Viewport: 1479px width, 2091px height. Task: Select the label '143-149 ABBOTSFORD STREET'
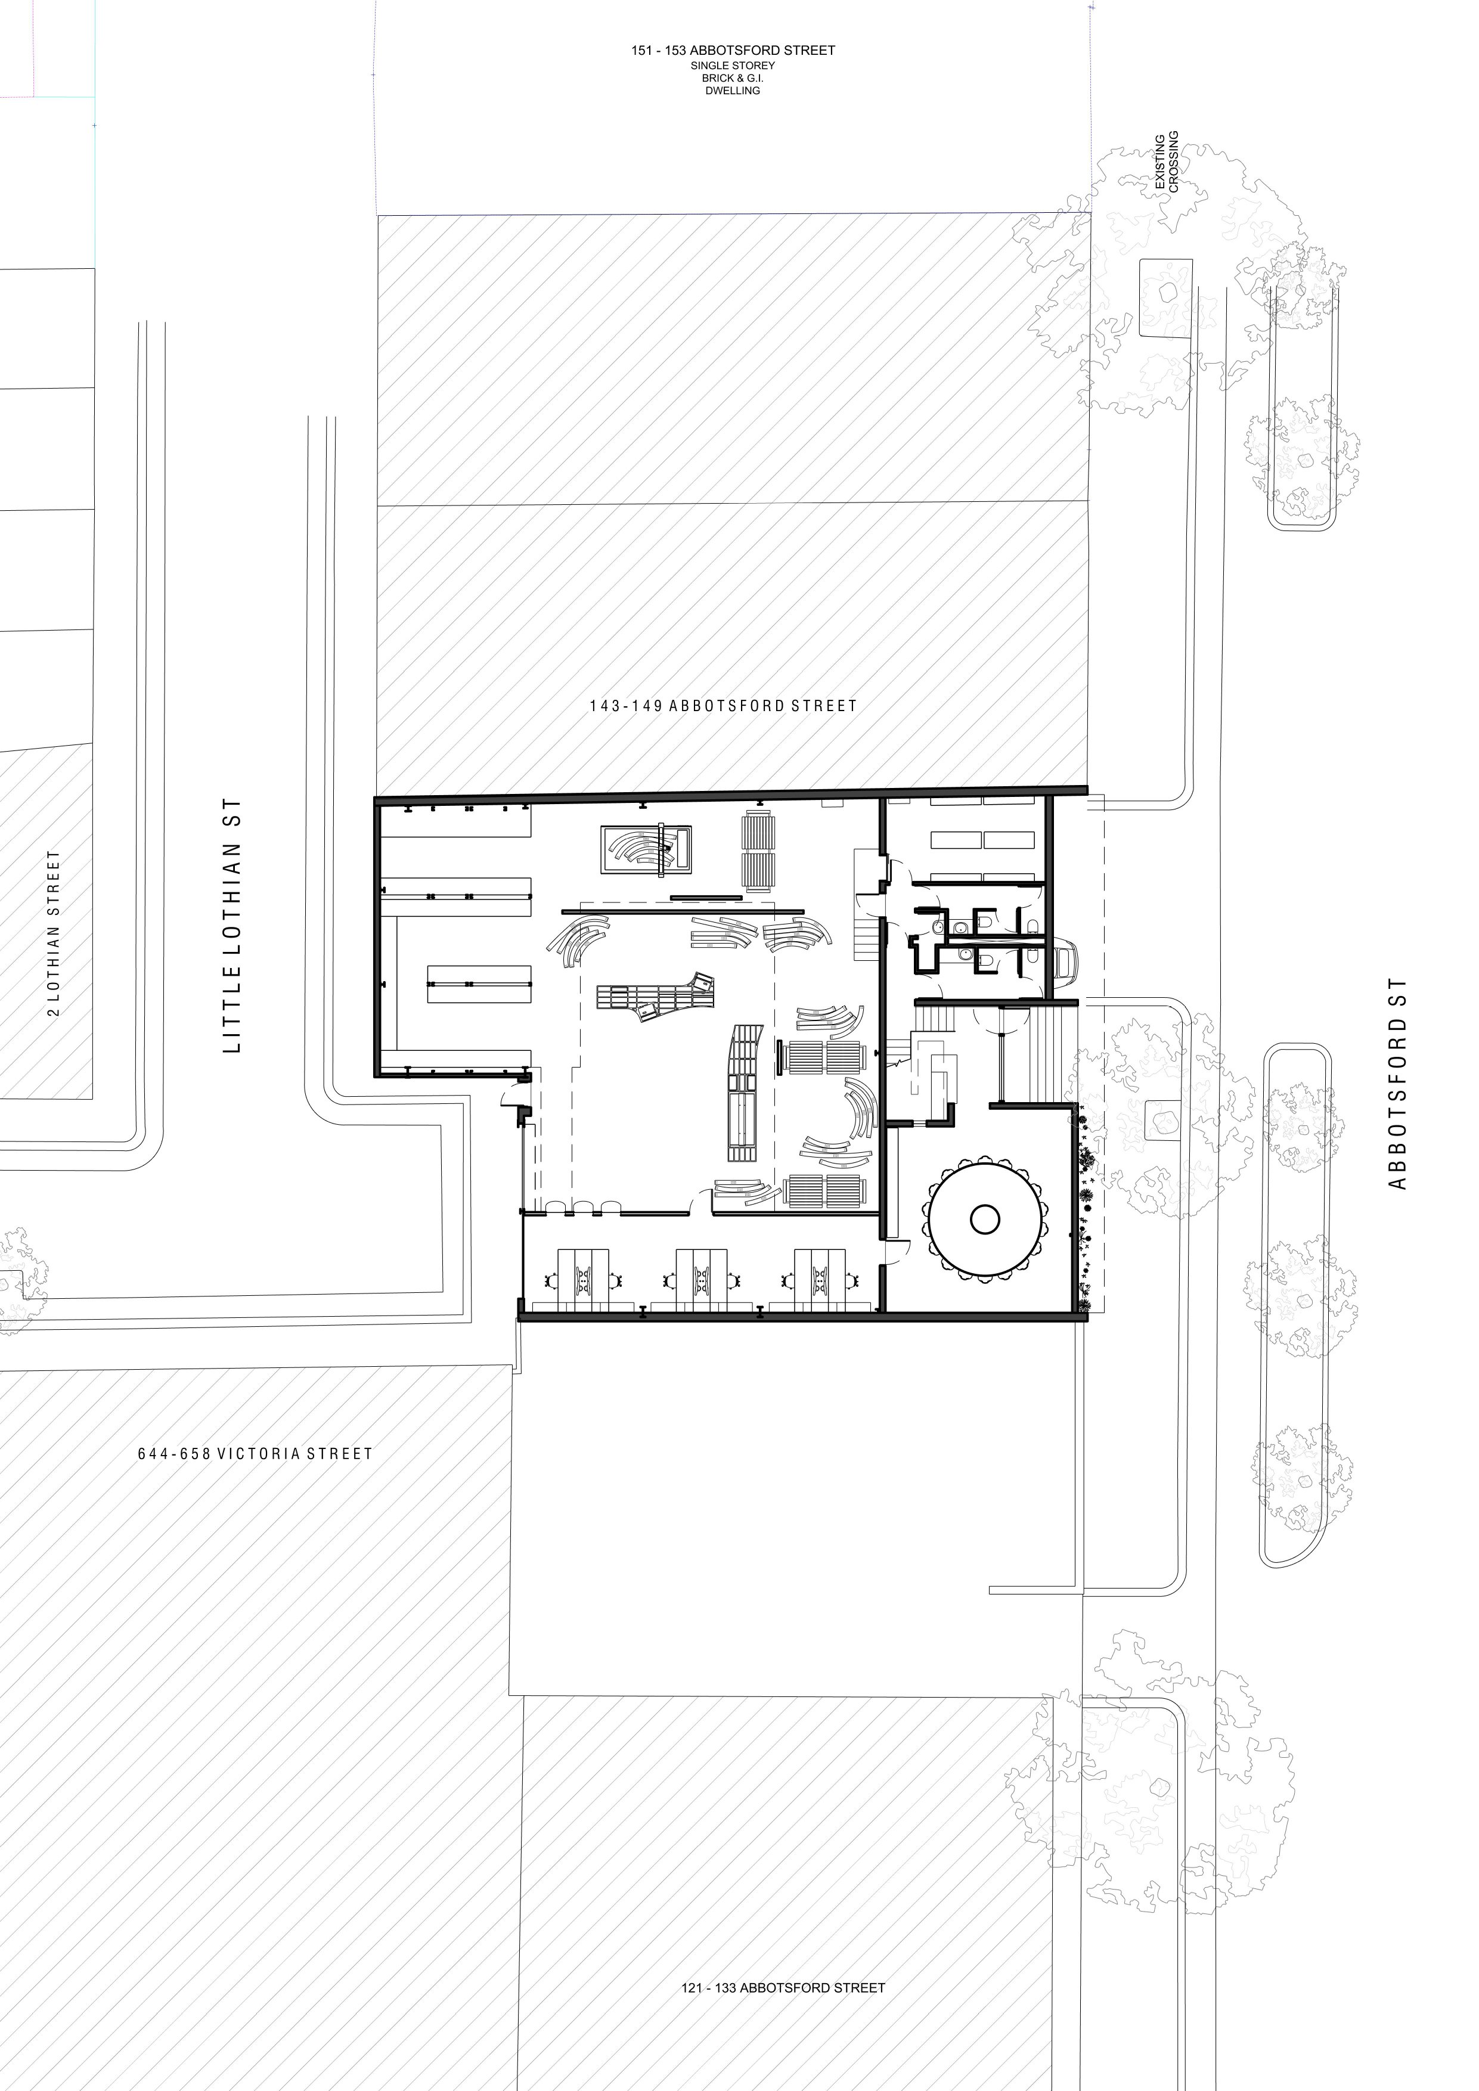coord(723,706)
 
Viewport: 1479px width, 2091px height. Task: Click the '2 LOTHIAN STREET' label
coord(55,933)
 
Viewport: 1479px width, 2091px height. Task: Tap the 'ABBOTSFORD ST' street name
coord(1397,1084)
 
